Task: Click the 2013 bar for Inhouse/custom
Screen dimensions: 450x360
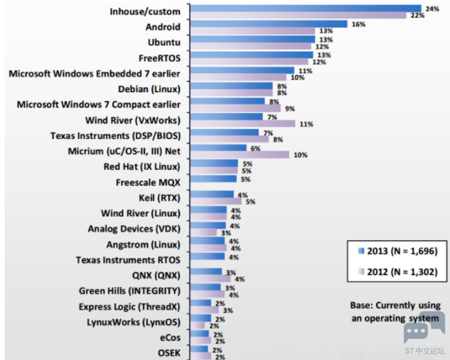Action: [306, 8]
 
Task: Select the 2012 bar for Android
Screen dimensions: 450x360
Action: [252, 31]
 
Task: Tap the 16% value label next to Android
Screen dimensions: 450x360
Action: [358, 24]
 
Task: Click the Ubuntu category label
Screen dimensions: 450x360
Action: [164, 42]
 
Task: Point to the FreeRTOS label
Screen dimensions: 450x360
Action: [159, 58]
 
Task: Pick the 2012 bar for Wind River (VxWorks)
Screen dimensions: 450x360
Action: [242, 124]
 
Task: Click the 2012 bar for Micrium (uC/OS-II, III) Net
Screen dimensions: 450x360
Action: [239, 155]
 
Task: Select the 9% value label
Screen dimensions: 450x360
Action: [290, 109]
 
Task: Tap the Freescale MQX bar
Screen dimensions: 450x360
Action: [213, 179]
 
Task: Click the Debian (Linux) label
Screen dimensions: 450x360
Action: [149, 89]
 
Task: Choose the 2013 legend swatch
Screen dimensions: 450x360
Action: [361, 251]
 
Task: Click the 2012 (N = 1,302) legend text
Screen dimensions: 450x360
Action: [402, 272]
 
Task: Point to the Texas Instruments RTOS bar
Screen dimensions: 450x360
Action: [207, 256]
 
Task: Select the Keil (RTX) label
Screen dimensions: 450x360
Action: [159, 198]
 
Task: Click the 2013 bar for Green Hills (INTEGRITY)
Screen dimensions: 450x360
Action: [205, 287]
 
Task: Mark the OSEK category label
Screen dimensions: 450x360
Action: [169, 353]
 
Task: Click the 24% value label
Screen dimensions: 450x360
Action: [432, 9]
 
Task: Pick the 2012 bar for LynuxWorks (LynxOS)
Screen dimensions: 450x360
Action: [197, 325]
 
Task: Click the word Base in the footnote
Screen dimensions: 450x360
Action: [361, 305]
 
